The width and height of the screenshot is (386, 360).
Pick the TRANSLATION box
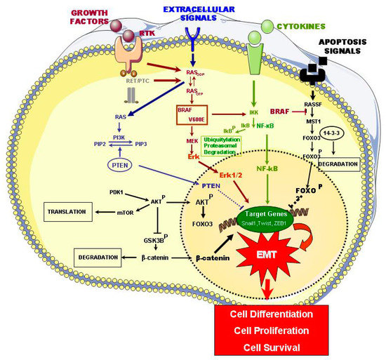pyautogui.click(x=69, y=210)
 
